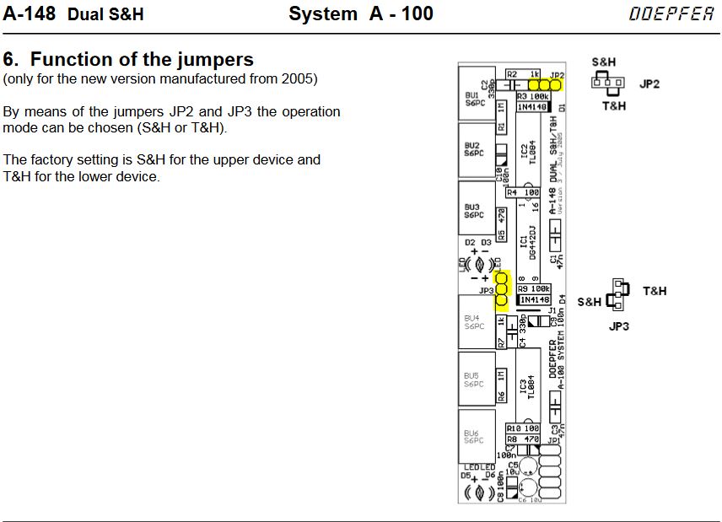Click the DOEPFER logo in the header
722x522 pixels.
click(x=671, y=14)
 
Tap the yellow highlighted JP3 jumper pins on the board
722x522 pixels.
click(x=502, y=288)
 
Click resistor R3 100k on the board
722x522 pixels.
click(x=533, y=97)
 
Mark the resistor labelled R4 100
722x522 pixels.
click(x=523, y=193)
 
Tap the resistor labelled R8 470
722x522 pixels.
click(x=523, y=439)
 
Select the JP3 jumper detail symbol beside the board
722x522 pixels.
click(x=617, y=294)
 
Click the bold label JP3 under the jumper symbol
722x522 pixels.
click(x=619, y=326)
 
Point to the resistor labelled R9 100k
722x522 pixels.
click(x=534, y=289)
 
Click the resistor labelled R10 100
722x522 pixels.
click(x=523, y=429)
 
